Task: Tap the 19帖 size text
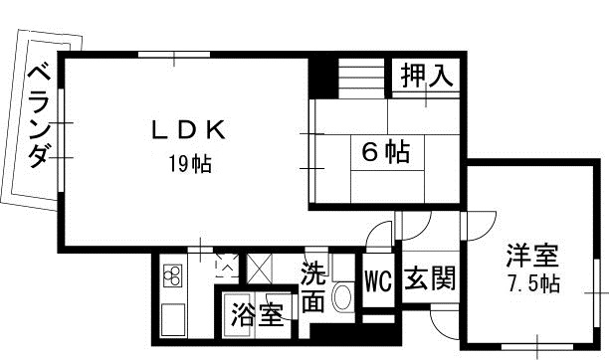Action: [189, 164]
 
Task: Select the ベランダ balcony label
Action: [38, 115]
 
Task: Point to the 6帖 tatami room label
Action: [384, 152]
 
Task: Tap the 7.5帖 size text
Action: [528, 284]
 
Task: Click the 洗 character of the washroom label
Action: [313, 270]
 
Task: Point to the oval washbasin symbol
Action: [342, 296]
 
